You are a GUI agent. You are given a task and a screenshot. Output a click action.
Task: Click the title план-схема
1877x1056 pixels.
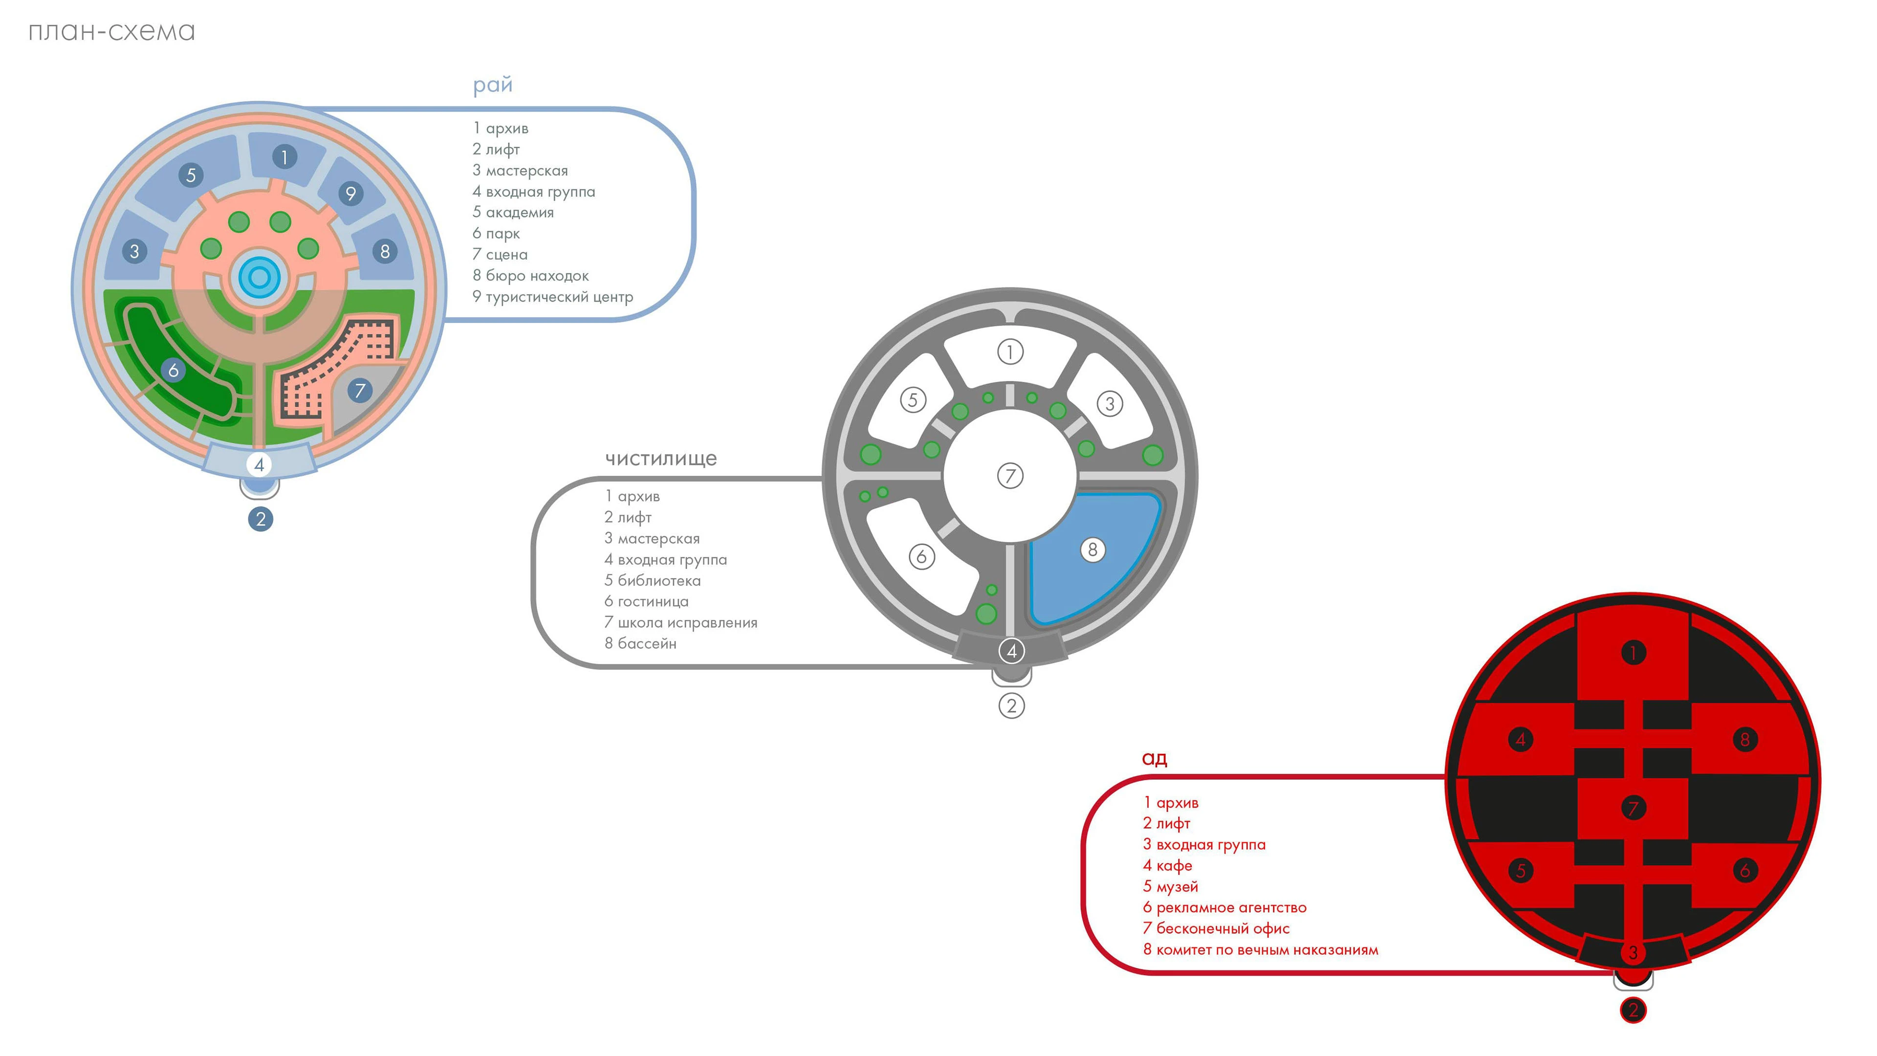pos(111,32)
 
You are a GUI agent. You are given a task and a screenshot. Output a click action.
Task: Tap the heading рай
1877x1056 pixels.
pos(493,85)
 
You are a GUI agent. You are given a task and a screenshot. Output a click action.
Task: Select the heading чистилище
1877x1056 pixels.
pos(661,459)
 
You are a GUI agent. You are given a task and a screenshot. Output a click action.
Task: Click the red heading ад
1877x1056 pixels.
pos(1154,759)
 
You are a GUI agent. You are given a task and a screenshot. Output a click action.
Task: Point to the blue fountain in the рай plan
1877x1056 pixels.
pos(260,277)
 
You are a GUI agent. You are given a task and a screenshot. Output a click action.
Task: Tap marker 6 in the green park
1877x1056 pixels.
pos(174,370)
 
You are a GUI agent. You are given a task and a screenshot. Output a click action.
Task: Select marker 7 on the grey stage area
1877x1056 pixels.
pos(359,391)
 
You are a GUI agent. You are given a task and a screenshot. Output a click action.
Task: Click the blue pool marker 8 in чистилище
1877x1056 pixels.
pos(1092,550)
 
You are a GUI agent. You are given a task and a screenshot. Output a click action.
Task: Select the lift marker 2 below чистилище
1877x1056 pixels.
pos(1011,705)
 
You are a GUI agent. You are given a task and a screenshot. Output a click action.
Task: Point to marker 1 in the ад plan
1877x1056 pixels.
pos(1633,652)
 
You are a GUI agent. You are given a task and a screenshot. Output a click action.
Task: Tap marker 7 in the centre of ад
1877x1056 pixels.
pos(1633,808)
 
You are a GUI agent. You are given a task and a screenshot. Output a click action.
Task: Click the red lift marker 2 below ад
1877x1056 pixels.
pos(1633,1010)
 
